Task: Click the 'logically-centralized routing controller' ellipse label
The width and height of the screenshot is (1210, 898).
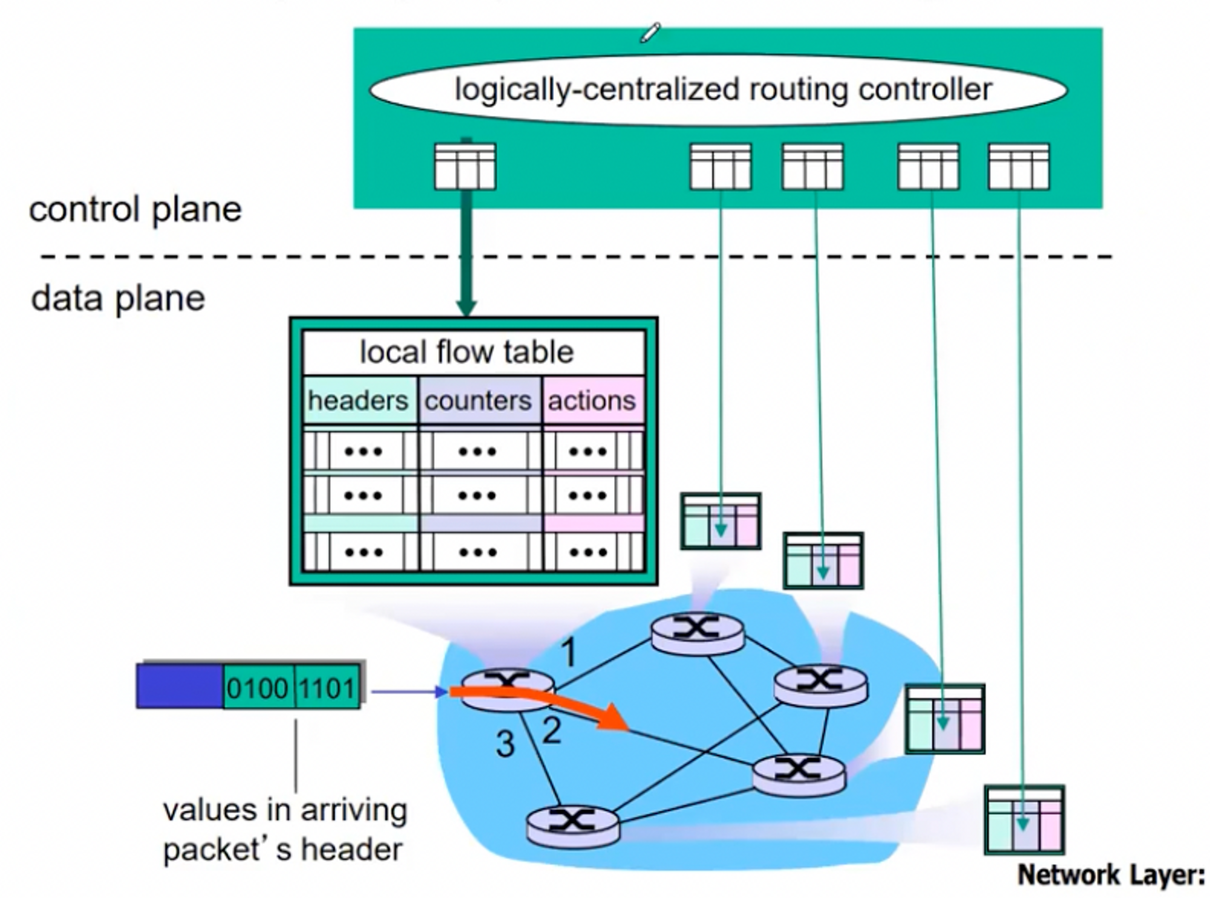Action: [722, 89]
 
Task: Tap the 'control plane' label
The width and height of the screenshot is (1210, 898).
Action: [135, 209]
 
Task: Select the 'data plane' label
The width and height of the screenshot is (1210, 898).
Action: [118, 299]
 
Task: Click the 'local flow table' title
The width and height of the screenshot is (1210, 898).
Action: [466, 352]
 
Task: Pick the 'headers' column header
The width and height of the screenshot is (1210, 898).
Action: [358, 400]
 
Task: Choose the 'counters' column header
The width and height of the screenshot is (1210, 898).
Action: [478, 400]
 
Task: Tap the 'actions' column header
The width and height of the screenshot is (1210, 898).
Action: [592, 400]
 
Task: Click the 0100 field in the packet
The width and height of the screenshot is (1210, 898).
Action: [258, 688]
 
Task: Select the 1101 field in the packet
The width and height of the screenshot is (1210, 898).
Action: [327, 688]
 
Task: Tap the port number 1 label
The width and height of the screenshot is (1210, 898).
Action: [568, 653]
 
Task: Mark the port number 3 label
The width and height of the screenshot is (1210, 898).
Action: [505, 744]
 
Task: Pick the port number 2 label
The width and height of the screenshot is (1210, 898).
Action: [551, 730]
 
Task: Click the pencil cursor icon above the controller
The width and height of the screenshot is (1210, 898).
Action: [650, 33]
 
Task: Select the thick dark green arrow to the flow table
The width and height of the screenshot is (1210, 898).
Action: [466, 254]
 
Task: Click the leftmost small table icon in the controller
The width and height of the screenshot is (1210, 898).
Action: [465, 166]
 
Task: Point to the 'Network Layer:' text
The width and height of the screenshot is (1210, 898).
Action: [1111, 875]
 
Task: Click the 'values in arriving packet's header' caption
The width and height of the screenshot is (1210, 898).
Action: [284, 830]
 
